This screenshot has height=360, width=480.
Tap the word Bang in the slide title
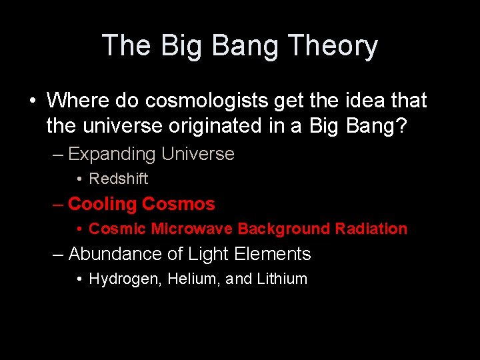coord(241,47)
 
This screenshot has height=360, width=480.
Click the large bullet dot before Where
coord(33,101)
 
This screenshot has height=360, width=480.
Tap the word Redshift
coord(119,179)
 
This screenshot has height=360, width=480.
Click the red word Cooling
coord(103,204)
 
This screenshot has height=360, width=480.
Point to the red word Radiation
coord(371,229)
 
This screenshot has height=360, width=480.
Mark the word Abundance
coord(111,254)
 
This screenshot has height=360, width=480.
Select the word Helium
coord(189,279)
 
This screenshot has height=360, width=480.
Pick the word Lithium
coord(282,279)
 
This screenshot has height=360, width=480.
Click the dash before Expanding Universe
coord(59,155)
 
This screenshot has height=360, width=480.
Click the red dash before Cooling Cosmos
coord(59,205)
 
